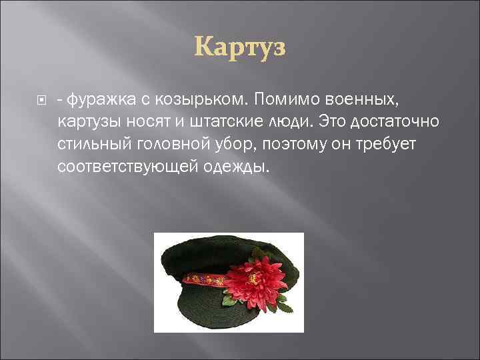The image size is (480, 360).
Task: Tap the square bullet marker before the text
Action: click(39, 101)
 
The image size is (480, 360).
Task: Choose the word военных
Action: click(360, 100)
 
